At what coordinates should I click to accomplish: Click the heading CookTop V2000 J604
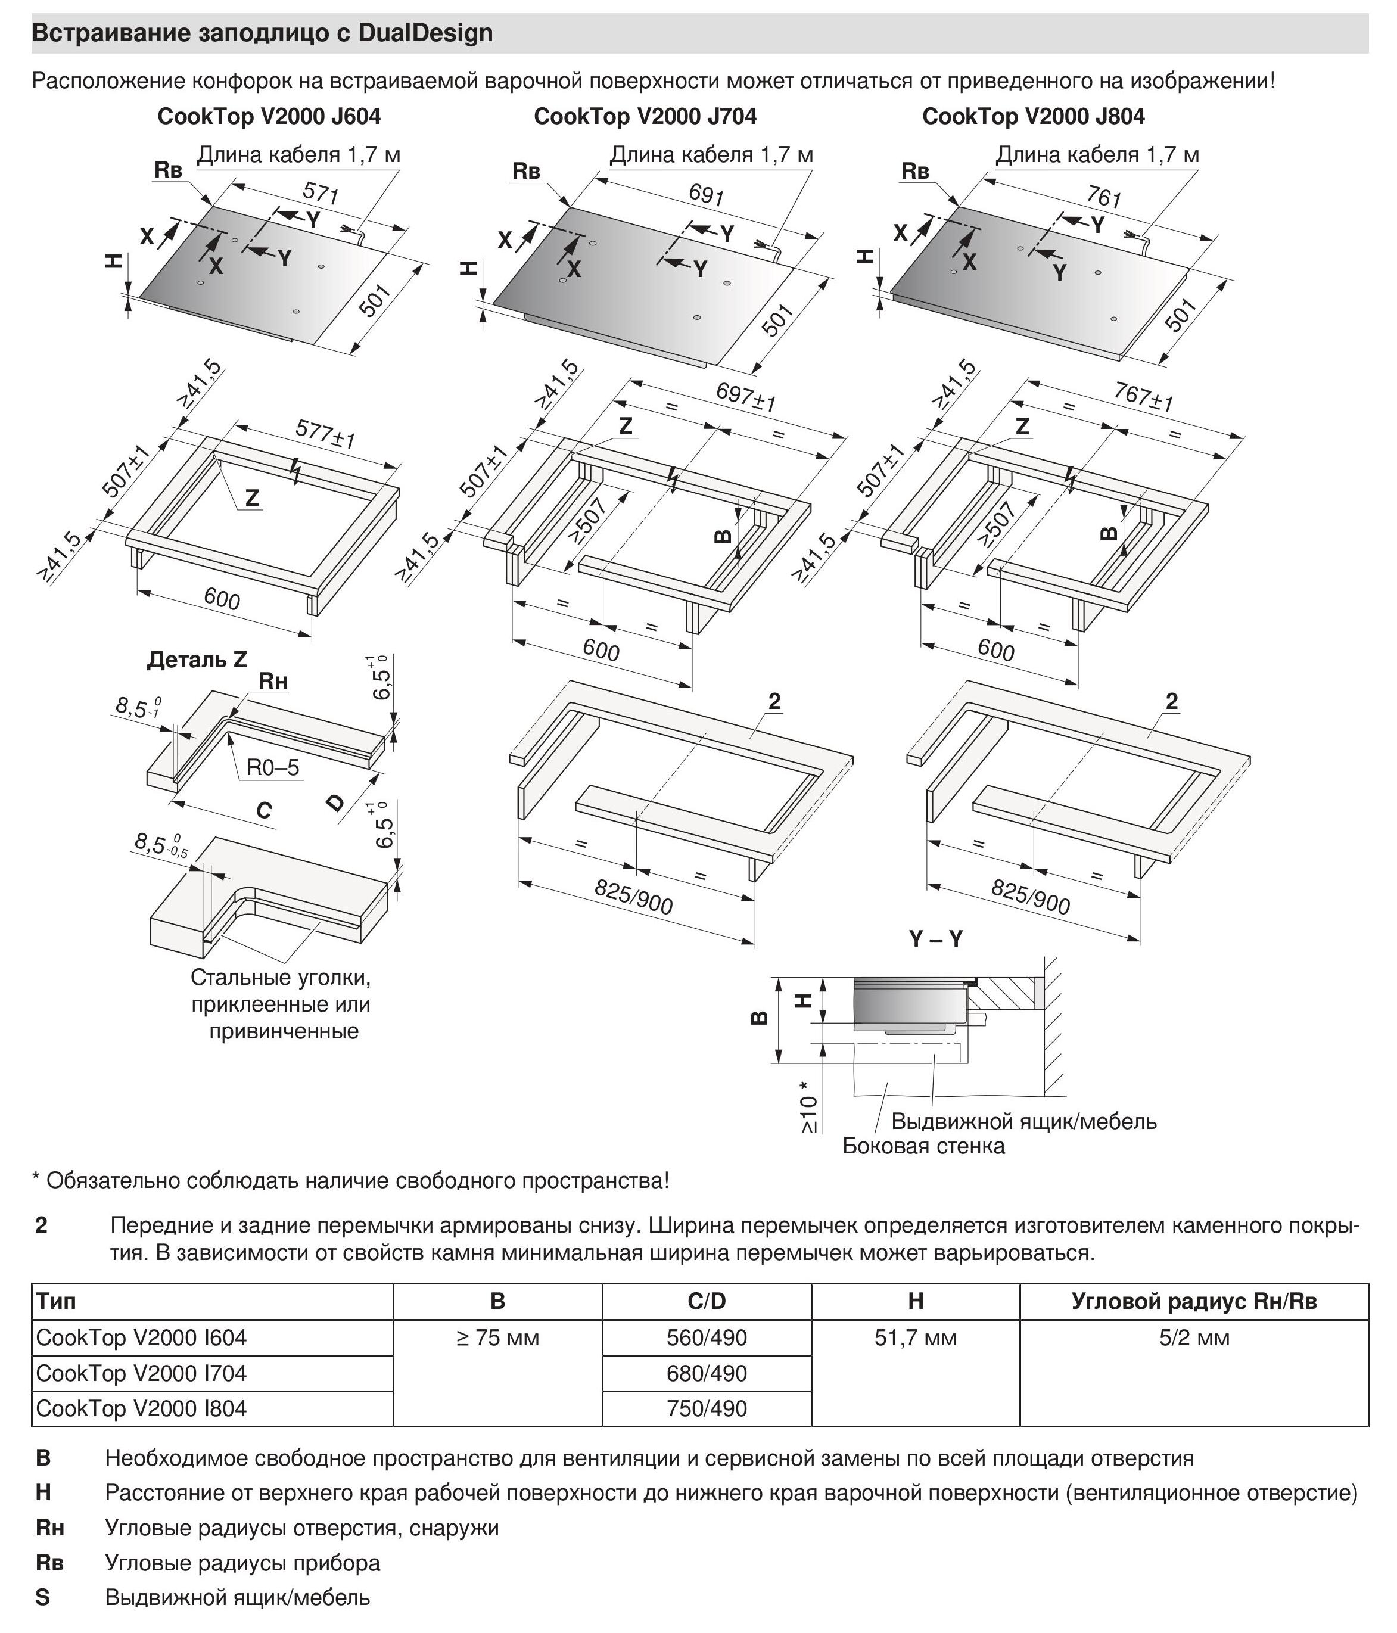[x=269, y=117]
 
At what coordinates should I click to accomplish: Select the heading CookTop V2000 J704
[x=645, y=117]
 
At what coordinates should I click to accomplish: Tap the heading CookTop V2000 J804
[x=1033, y=117]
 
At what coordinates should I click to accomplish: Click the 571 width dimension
[x=321, y=192]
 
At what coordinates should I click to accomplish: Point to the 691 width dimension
[x=706, y=194]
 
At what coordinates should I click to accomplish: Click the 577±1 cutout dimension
[x=325, y=434]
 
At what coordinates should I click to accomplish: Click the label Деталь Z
[x=197, y=660]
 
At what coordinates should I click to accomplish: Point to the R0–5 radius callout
[x=273, y=767]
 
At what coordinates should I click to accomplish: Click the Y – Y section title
[x=935, y=939]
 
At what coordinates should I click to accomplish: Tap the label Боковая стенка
[x=923, y=1146]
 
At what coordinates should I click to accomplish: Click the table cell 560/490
[x=706, y=1337]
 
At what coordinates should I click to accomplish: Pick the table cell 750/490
[x=706, y=1408]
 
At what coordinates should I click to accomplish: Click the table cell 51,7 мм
[x=915, y=1337]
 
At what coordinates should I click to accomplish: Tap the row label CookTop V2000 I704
[x=142, y=1373]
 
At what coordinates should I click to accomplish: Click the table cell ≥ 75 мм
[x=497, y=1337]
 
